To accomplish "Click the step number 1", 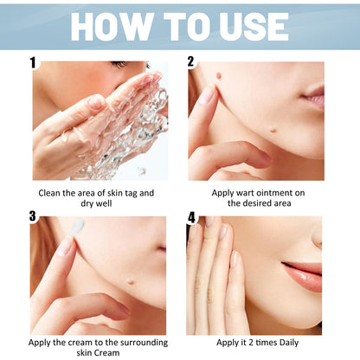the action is pos(33,62).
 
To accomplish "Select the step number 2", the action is pos(190,61).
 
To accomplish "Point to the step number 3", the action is pos(33,216).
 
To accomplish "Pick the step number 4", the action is pos(191,218).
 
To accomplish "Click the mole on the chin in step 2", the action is pos(273,130).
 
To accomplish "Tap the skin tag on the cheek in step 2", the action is pos(219,75).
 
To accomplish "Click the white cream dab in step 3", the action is pos(78,225).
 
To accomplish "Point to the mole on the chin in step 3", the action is pos(131,281).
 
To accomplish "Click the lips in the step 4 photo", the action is pos(305,275).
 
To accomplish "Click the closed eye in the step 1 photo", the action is pos(119,64).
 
